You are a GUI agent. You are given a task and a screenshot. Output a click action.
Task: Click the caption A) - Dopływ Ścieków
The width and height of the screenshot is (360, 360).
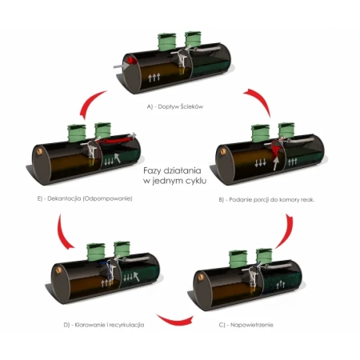(x=175, y=106)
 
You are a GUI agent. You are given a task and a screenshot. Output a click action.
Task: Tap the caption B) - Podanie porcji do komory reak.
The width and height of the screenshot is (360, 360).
(x=266, y=200)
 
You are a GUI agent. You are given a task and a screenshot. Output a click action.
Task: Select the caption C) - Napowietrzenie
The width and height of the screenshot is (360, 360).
(x=246, y=325)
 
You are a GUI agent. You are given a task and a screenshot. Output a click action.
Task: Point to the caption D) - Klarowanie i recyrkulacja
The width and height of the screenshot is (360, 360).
(x=104, y=325)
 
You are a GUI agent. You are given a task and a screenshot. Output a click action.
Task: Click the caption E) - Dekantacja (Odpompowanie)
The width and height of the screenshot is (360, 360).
(x=85, y=198)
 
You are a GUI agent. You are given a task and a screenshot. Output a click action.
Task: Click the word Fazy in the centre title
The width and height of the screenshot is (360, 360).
(x=152, y=170)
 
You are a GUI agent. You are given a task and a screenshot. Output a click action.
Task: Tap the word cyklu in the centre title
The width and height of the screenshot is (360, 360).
(x=196, y=181)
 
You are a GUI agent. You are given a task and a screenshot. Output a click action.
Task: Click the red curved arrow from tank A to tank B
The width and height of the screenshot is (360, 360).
(x=259, y=100)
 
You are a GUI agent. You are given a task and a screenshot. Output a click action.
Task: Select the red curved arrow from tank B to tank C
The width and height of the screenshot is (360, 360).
(x=287, y=230)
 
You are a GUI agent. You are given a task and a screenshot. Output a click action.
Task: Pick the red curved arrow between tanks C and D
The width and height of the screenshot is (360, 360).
(x=174, y=321)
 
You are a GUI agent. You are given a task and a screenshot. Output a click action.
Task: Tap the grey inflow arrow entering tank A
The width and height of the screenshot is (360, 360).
(x=121, y=66)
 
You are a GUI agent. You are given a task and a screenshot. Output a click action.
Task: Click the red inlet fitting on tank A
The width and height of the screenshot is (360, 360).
(x=131, y=61)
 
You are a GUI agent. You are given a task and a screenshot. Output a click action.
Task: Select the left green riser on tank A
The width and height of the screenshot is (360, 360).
(x=166, y=42)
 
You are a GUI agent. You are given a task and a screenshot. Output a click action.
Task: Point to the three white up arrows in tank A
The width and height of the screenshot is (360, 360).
(x=154, y=78)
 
